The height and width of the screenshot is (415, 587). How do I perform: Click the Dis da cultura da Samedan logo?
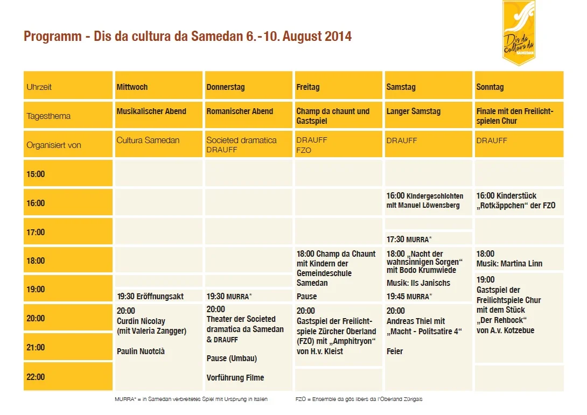pyautogui.click(x=519, y=33)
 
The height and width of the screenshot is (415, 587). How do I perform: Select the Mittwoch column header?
pyautogui.click(x=132, y=87)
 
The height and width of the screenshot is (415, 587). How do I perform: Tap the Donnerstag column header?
pyautogui.click(x=225, y=87)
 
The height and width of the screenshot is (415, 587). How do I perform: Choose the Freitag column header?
pyautogui.click(x=308, y=87)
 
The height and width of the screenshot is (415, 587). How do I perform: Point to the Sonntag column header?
pyautogui.click(x=490, y=87)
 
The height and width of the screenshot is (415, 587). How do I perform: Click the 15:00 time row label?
pyautogui.click(x=36, y=174)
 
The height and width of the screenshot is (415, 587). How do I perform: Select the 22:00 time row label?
pyautogui.click(x=36, y=377)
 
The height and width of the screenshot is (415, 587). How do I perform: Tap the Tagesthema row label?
pyautogui.click(x=48, y=116)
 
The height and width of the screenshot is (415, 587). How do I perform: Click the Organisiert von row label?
pyautogui.click(x=54, y=145)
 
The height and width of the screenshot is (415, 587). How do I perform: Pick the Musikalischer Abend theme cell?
pyautogui.click(x=151, y=111)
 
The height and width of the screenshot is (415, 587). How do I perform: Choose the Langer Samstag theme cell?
pyautogui.click(x=413, y=111)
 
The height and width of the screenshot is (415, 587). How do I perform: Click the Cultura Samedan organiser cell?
pyautogui.click(x=148, y=140)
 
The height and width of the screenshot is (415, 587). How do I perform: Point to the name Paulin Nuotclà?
pyautogui.click(x=141, y=351)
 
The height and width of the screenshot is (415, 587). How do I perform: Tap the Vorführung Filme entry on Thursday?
pyautogui.click(x=235, y=377)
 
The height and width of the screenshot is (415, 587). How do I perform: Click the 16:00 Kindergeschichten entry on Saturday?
pyautogui.click(x=424, y=200)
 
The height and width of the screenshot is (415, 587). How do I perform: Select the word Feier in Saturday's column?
pyautogui.click(x=395, y=351)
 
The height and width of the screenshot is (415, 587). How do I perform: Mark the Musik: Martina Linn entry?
pyautogui.click(x=509, y=264)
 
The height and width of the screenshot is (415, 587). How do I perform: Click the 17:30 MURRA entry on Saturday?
pyautogui.click(x=409, y=239)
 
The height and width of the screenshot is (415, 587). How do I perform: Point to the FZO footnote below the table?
pyautogui.click(x=359, y=399)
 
